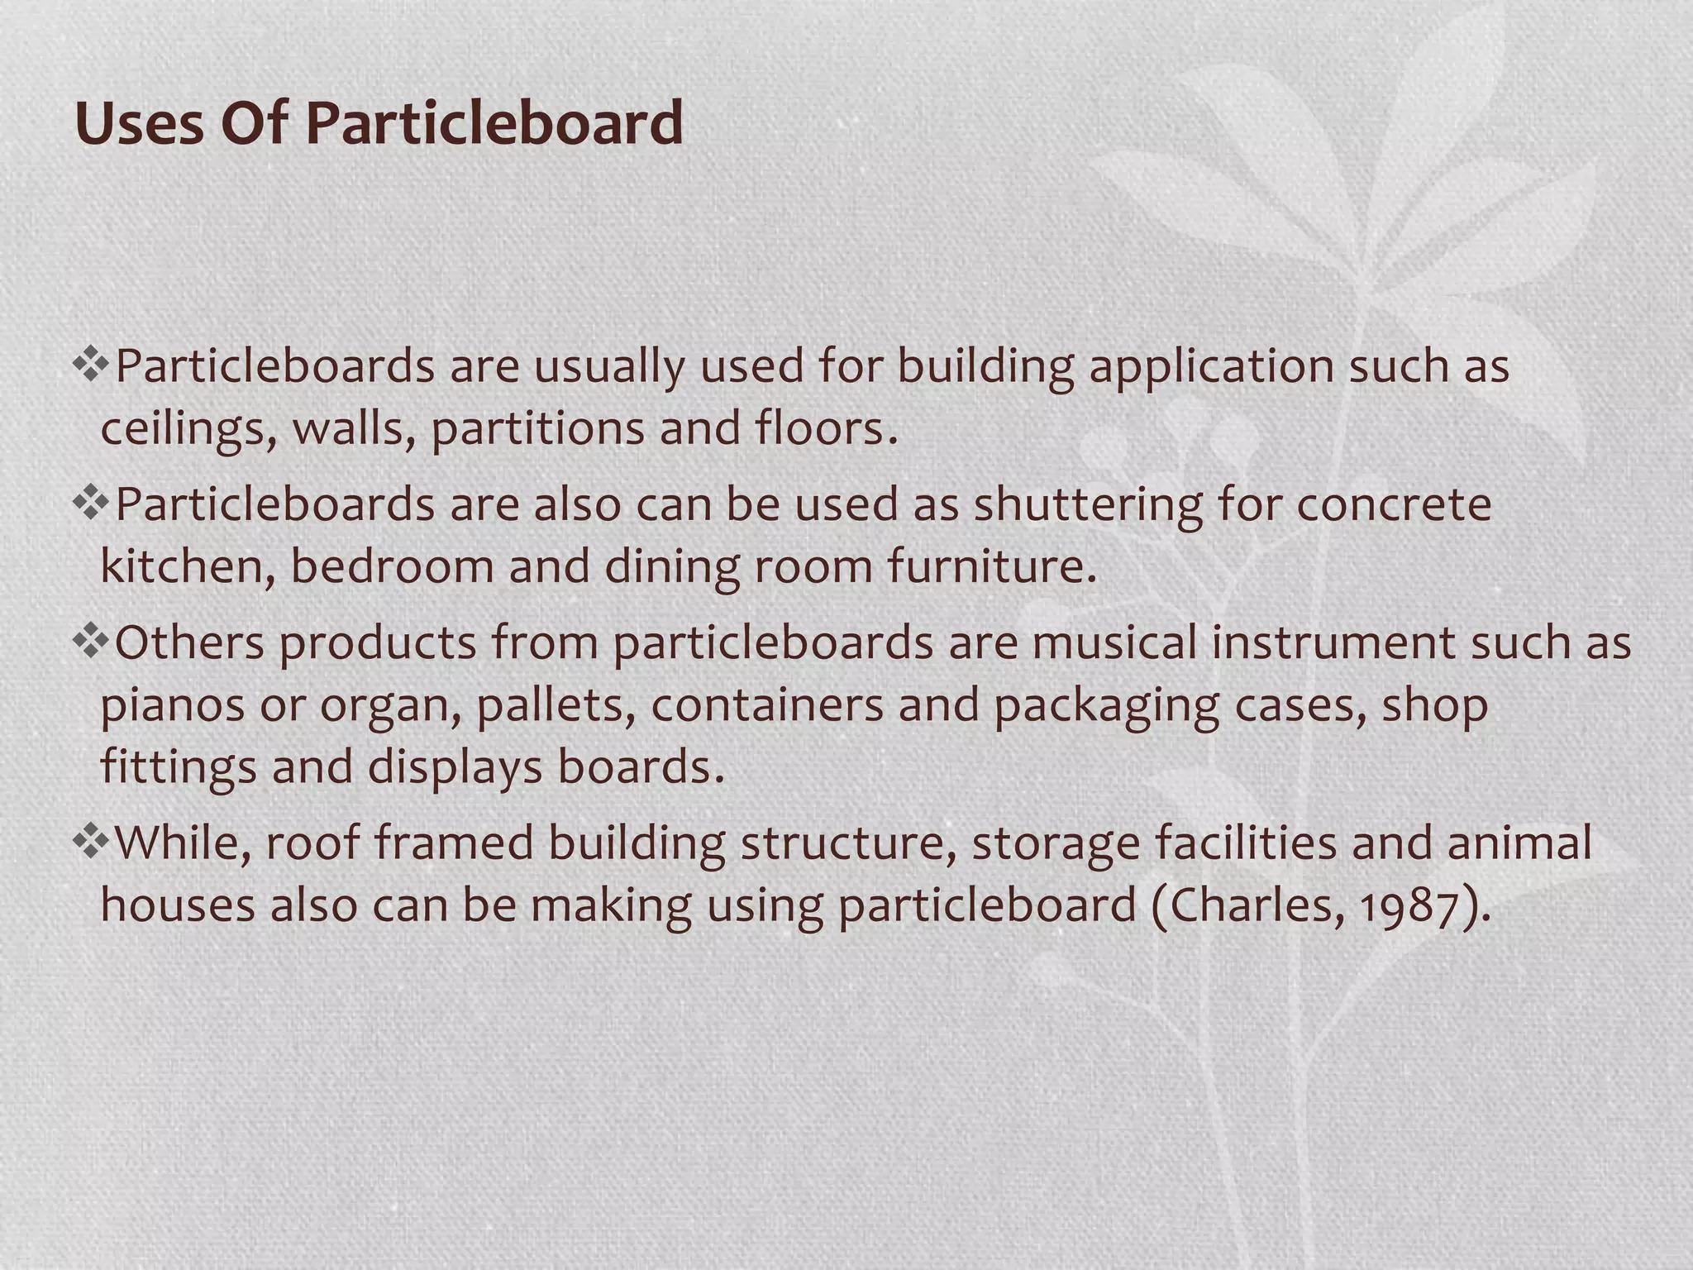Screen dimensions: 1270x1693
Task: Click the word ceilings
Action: click(188, 430)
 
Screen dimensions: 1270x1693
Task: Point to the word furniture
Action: click(991, 567)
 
